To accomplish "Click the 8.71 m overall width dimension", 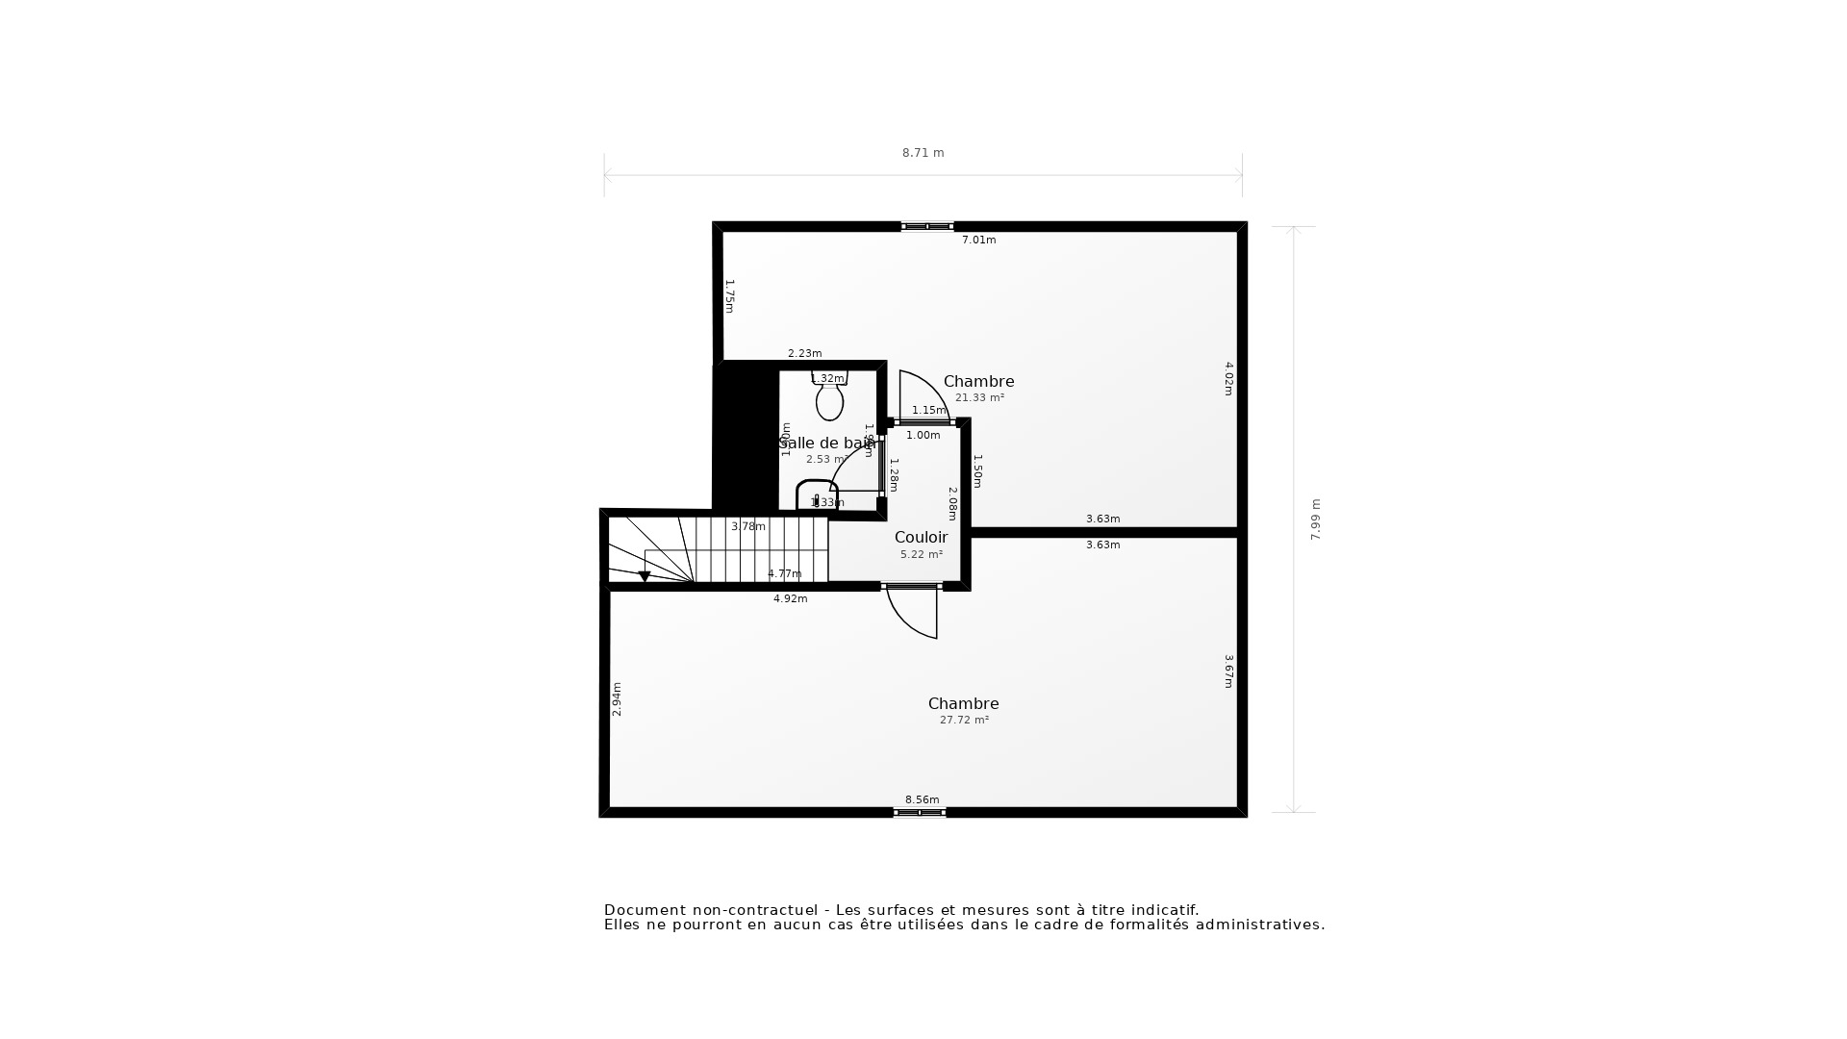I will (x=923, y=153).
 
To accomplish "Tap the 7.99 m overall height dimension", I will (x=1316, y=519).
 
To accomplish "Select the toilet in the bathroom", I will (x=829, y=398).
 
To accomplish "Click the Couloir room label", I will (x=921, y=538).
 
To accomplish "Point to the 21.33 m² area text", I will (x=979, y=398).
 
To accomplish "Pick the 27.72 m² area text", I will (x=964, y=721).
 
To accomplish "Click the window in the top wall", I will (x=927, y=226).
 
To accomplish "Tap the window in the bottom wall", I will (x=920, y=813).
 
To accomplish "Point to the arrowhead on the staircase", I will (x=645, y=576).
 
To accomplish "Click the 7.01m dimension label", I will (x=978, y=241).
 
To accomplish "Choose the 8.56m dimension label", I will (x=922, y=800).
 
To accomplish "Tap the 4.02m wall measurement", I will (x=1228, y=378).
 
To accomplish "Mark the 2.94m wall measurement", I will (x=618, y=699).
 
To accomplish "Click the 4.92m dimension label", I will (x=790, y=599).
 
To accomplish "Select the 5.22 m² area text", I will (x=921, y=555).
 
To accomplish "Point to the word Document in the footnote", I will (x=645, y=910).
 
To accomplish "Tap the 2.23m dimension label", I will (x=804, y=354).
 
